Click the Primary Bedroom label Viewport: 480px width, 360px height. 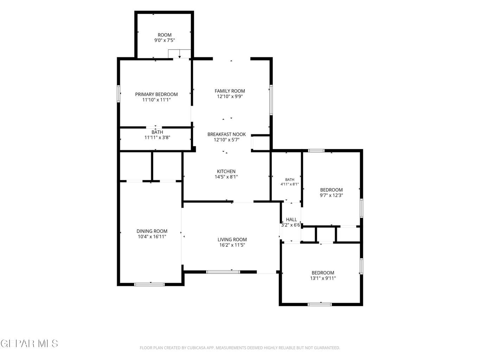(x=156, y=95)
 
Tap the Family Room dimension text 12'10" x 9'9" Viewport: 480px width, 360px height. (x=230, y=96)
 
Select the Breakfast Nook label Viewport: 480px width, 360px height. (x=226, y=134)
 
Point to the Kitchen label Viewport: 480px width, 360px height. (x=226, y=171)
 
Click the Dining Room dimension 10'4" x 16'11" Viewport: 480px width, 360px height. (x=152, y=237)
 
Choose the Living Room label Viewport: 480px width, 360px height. (x=232, y=239)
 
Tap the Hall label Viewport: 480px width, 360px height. (x=291, y=219)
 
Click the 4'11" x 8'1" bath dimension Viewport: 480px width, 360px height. (x=289, y=184)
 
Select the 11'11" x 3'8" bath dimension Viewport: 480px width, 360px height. (x=157, y=137)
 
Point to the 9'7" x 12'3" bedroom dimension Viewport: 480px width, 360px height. (x=331, y=195)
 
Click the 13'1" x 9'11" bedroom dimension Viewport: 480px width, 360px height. (x=323, y=278)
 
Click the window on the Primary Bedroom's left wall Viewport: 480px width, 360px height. (x=119, y=94)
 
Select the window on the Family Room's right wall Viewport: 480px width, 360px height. (x=271, y=100)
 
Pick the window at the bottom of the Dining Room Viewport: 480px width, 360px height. (x=149, y=284)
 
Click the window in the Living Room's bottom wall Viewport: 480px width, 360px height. (x=223, y=272)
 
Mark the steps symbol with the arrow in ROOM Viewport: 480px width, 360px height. (x=179, y=54)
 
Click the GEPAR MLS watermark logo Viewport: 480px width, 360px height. (x=29, y=343)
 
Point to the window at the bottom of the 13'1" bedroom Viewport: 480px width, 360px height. (x=320, y=304)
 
